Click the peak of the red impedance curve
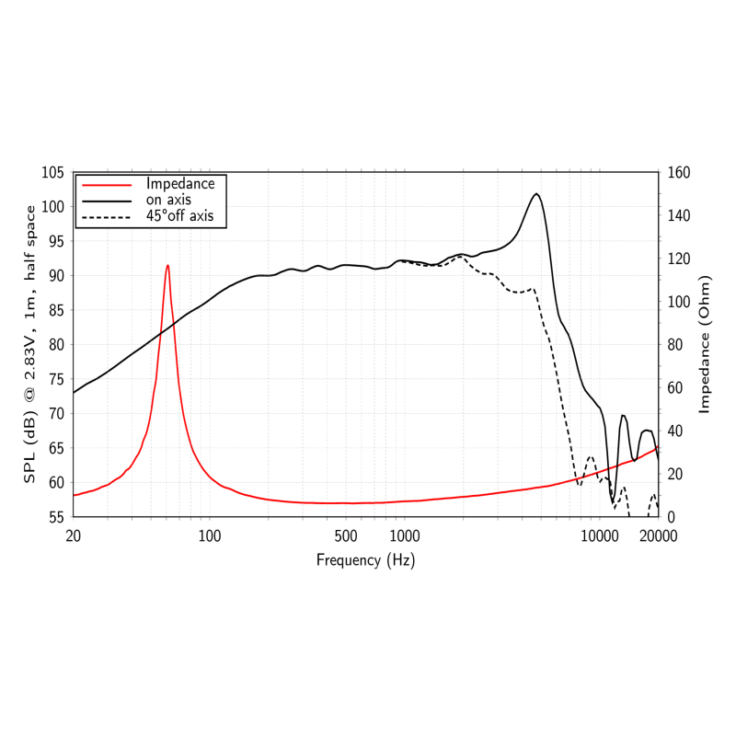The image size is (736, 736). (x=167, y=265)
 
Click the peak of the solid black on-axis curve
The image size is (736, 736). (x=536, y=194)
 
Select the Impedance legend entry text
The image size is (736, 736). (x=179, y=183)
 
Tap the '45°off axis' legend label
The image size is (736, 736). (x=179, y=216)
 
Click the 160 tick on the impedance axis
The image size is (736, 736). (x=678, y=173)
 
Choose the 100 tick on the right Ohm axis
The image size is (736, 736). (x=678, y=302)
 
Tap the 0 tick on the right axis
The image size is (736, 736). (x=670, y=517)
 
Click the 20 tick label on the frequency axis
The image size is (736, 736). (x=74, y=536)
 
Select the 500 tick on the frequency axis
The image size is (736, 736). (x=346, y=536)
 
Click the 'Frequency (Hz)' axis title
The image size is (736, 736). (x=365, y=559)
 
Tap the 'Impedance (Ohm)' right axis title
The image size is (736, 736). (x=705, y=344)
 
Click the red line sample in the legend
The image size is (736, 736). (x=108, y=184)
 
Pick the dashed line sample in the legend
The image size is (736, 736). (x=108, y=217)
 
